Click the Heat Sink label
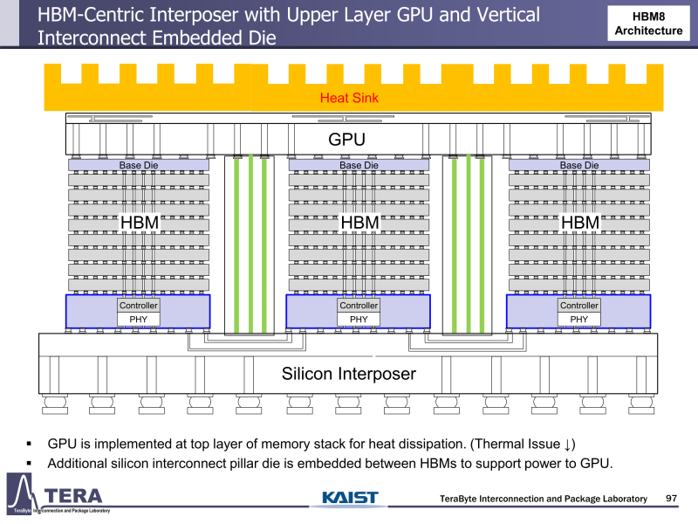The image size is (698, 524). click(x=349, y=98)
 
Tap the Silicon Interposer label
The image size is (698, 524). click(x=348, y=374)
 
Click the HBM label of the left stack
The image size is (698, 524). click(x=139, y=224)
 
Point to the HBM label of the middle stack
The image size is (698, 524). click(x=359, y=224)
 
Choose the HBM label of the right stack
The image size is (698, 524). click(x=580, y=224)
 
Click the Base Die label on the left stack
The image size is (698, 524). click(x=139, y=165)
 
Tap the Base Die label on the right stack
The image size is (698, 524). click(x=579, y=165)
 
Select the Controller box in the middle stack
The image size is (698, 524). click(x=359, y=306)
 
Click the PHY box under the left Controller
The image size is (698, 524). click(x=139, y=319)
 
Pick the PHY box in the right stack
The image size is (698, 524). click(x=579, y=319)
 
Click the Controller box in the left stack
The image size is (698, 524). click(x=139, y=306)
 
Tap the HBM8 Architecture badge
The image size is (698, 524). click(x=648, y=24)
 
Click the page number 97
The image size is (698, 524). click(x=672, y=498)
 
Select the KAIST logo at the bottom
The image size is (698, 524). click(x=350, y=498)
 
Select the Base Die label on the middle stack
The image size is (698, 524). click(x=359, y=165)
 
